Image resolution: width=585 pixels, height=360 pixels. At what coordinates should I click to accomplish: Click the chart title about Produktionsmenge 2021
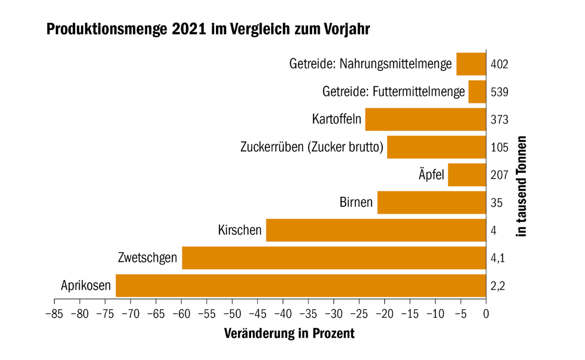tap(208, 29)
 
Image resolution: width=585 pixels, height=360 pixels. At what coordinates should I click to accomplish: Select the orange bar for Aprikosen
tap(300, 285)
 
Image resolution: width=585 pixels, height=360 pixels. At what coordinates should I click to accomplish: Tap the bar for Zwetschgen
tap(333, 258)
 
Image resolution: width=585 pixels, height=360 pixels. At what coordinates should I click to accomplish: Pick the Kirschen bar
tap(375, 230)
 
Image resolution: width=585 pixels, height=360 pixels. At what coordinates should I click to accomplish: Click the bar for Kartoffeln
tap(425, 120)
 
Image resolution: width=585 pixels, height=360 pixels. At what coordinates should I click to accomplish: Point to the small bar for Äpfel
tap(467, 175)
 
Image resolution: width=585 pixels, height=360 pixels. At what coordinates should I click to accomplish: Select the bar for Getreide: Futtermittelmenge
tap(477, 92)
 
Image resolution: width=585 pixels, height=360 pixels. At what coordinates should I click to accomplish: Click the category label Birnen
tap(356, 202)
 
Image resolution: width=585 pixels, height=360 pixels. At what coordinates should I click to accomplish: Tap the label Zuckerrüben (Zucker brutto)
tap(312, 147)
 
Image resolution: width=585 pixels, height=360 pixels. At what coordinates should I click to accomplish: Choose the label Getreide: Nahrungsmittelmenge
tap(370, 64)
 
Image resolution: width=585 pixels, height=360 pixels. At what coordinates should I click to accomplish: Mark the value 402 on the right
tap(499, 64)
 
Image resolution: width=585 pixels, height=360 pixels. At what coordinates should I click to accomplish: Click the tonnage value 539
tap(499, 92)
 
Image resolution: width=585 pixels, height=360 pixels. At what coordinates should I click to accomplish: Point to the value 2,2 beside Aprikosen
tap(497, 285)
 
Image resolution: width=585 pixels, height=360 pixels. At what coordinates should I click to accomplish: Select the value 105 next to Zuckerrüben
tap(499, 147)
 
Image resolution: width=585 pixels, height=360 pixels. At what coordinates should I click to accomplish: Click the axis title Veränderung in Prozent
tap(289, 334)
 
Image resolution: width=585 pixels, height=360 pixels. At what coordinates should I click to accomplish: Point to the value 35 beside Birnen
tap(496, 202)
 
